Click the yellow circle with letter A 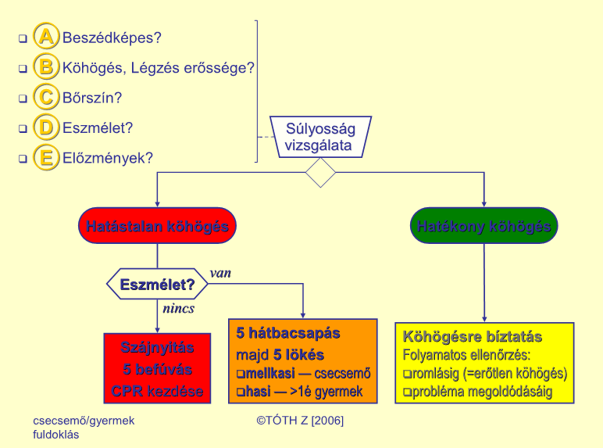pyautogui.click(x=46, y=36)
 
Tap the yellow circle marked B pyautogui.click(x=46, y=66)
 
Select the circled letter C pyautogui.click(x=46, y=96)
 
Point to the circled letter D pyautogui.click(x=46, y=127)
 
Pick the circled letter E pyautogui.click(x=46, y=157)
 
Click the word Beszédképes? pyautogui.click(x=112, y=38)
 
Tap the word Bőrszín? pyautogui.click(x=92, y=98)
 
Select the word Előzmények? pyautogui.click(x=108, y=158)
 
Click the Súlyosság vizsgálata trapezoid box pyautogui.click(x=320, y=137)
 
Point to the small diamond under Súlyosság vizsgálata pyautogui.click(x=320, y=173)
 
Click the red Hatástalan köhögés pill pyautogui.click(x=157, y=225)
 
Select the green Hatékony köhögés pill pyautogui.click(x=483, y=225)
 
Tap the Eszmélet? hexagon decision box pyautogui.click(x=157, y=284)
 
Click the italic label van pyautogui.click(x=220, y=274)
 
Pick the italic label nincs pyautogui.click(x=178, y=308)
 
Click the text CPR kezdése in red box pyautogui.click(x=157, y=391)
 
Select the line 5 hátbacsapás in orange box pyautogui.click(x=288, y=333)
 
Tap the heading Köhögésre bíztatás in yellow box pyautogui.click(x=473, y=337)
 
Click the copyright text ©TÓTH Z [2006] pyautogui.click(x=300, y=421)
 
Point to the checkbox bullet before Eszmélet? pyautogui.click(x=23, y=128)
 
